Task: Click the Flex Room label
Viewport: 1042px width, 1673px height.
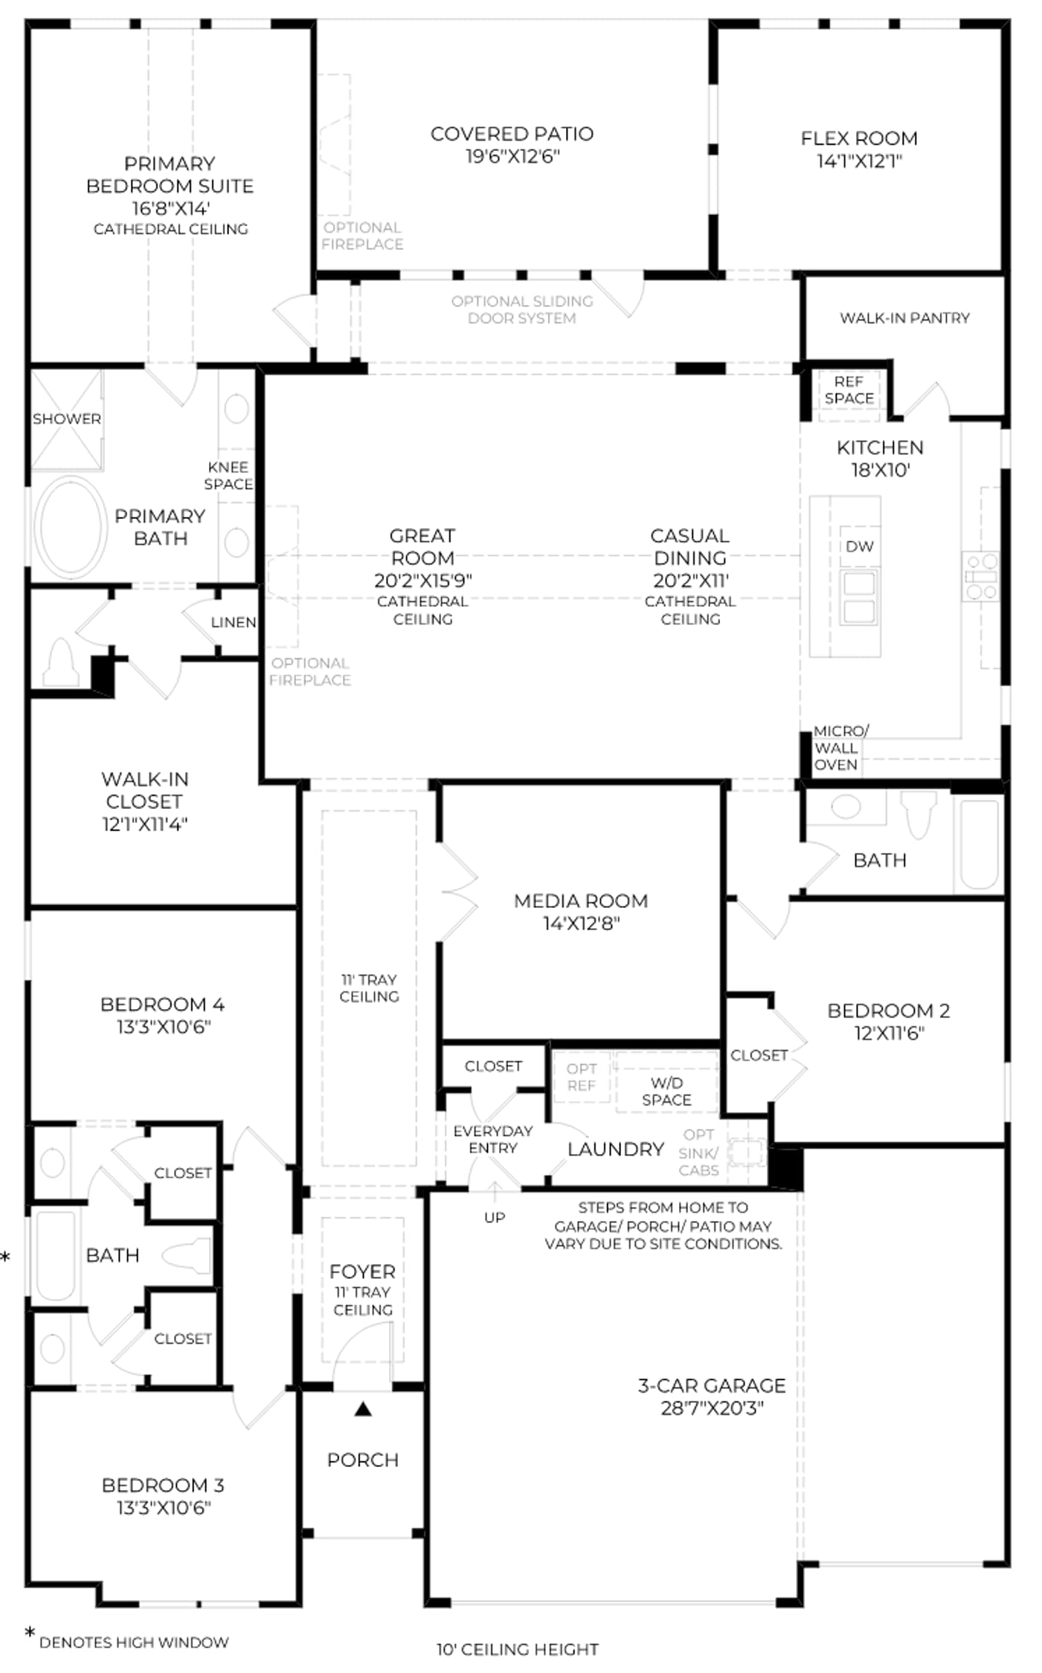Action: [859, 138]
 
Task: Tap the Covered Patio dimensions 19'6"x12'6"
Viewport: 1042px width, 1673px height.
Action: [512, 156]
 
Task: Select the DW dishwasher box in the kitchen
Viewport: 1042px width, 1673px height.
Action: [859, 547]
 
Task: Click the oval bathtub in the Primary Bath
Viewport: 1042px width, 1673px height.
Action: [71, 526]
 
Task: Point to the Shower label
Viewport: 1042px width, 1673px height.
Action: [66, 419]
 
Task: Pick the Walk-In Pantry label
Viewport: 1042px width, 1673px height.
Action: [904, 318]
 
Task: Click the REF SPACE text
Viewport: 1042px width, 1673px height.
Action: [849, 390]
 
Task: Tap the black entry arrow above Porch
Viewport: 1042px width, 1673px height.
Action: [363, 1408]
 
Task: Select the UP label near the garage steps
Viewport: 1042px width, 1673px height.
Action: [495, 1217]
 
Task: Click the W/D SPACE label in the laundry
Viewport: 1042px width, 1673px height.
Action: [666, 1092]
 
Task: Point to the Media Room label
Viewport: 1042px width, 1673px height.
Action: [581, 901]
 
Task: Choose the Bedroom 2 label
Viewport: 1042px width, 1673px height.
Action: [888, 1010]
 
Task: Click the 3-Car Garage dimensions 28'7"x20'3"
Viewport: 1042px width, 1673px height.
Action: [712, 1408]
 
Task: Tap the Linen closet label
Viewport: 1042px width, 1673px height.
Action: [234, 622]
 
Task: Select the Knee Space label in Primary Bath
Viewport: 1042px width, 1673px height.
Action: [228, 476]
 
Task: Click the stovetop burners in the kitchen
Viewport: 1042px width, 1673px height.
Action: [981, 576]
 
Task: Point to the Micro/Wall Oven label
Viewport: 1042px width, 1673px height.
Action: [840, 748]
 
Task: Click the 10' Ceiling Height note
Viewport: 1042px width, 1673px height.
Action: [517, 1650]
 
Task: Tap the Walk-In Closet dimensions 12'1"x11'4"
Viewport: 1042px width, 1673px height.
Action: [145, 824]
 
